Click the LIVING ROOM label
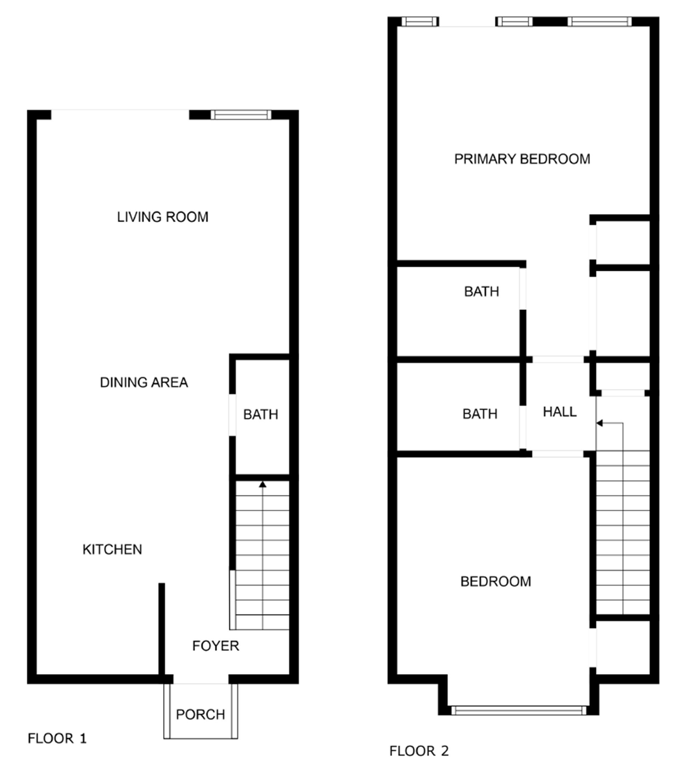pos(163,217)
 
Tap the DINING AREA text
pos(144,383)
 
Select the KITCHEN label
pos(112,550)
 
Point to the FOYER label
pos(216,646)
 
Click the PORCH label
pos(200,714)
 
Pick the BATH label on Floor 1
pos(261,414)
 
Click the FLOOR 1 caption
pos(57,739)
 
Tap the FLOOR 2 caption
pos(419,751)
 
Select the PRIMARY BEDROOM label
pos(522,159)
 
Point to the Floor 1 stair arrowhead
pos(262,485)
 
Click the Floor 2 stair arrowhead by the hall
pos(600,423)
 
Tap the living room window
pos(241,115)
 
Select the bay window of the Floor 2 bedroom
pos(518,710)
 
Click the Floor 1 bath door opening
pos(233,415)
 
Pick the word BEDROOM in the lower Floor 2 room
pos(495,582)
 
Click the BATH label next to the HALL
pos(480,414)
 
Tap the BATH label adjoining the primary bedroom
pos(482,292)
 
